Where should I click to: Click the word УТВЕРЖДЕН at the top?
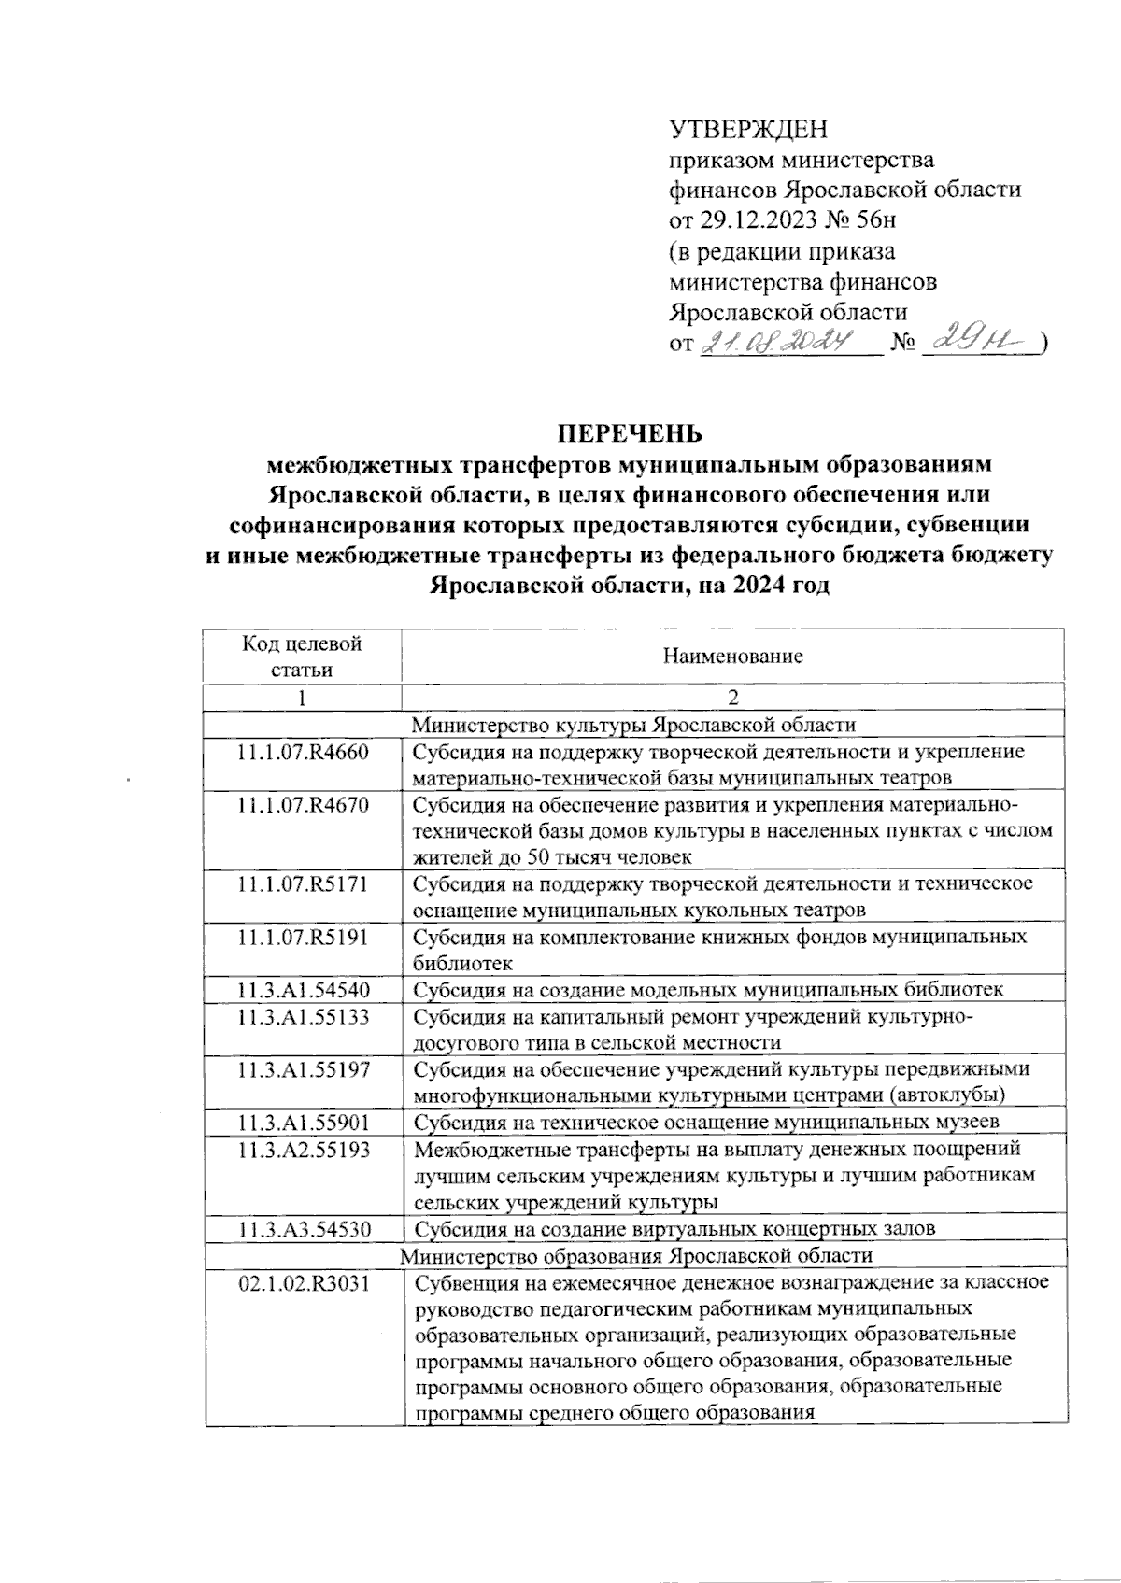point(748,129)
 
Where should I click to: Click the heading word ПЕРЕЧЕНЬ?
point(630,434)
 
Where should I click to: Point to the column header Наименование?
point(732,656)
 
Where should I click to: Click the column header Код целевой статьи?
point(302,656)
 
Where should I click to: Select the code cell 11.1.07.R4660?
point(303,752)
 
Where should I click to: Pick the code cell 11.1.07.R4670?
point(303,805)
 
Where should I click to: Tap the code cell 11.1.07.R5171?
point(303,883)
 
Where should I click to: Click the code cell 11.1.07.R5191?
point(303,937)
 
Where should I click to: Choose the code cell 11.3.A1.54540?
point(303,990)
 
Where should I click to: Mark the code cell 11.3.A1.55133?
point(303,1016)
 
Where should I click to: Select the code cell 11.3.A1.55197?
point(303,1069)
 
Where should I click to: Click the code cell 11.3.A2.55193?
point(303,1149)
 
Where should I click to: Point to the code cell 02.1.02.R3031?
point(303,1283)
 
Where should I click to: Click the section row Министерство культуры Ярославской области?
point(634,725)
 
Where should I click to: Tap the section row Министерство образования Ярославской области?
point(634,1255)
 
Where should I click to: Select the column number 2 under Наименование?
point(733,698)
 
